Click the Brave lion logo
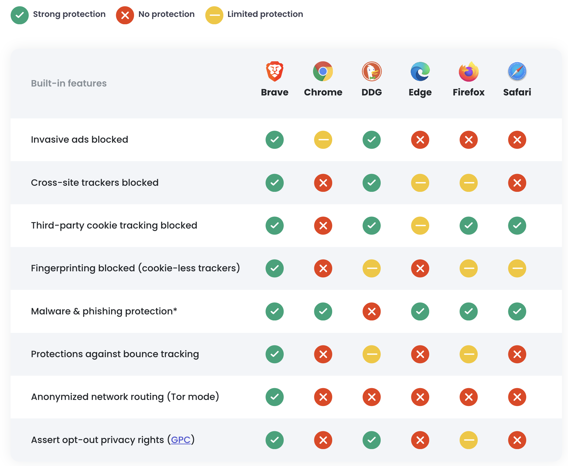point(274,71)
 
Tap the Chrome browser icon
point(323,71)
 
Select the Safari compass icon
point(517,71)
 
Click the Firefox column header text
point(468,92)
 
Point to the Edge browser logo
point(420,71)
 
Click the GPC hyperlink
point(181,440)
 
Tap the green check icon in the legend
point(20,15)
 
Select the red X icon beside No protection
point(125,15)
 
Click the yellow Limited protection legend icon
point(214,15)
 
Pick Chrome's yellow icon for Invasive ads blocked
point(323,140)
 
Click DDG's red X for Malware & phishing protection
point(371,312)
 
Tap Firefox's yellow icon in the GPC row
point(468,440)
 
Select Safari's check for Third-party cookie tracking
point(517,226)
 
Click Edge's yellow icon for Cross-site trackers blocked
point(420,183)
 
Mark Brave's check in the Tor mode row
point(274,397)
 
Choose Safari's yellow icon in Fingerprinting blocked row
point(517,268)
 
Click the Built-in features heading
point(69,83)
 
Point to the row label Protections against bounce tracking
point(115,354)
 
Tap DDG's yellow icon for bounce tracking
point(371,354)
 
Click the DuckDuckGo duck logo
point(371,71)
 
